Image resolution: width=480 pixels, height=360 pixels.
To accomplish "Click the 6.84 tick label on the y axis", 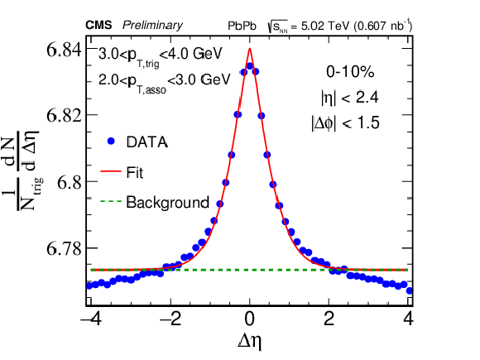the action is pyautogui.click(x=65, y=50).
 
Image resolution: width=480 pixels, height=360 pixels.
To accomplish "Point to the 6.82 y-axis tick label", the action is pyautogui.click(x=65, y=115).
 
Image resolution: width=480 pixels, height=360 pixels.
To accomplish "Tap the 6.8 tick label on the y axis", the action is pyautogui.click(x=70, y=182).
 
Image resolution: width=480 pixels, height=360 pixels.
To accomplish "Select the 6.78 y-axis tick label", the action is pyautogui.click(x=65, y=248).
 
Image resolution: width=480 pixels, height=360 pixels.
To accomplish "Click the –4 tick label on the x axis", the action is pyautogui.click(x=91, y=319).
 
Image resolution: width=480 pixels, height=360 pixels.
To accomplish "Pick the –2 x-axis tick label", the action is pyautogui.click(x=170, y=319).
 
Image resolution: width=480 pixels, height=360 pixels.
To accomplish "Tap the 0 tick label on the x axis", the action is pyautogui.click(x=250, y=319).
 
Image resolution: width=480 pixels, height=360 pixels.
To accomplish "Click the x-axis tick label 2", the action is pyautogui.click(x=329, y=319).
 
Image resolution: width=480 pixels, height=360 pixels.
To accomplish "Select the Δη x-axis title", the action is pyautogui.click(x=249, y=341).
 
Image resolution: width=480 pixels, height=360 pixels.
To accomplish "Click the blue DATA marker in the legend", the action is pyautogui.click(x=111, y=142).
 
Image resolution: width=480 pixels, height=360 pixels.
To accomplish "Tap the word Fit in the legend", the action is pyautogui.click(x=135, y=173).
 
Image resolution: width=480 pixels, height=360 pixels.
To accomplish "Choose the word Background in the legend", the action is pyautogui.click(x=168, y=203).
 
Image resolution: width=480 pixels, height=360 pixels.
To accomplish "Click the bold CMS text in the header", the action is pyautogui.click(x=98, y=25).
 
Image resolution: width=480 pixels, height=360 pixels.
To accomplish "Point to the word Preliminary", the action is pyautogui.click(x=152, y=26).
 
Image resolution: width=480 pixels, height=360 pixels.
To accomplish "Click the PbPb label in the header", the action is pyautogui.click(x=242, y=26).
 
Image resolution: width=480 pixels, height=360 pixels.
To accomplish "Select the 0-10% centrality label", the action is pyautogui.click(x=350, y=72).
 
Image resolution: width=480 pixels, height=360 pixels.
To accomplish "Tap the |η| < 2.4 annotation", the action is pyautogui.click(x=350, y=98).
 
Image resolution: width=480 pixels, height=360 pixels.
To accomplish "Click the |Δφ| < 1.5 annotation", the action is pyautogui.click(x=345, y=123).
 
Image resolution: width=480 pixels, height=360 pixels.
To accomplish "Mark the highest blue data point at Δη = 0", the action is pyautogui.click(x=250, y=66).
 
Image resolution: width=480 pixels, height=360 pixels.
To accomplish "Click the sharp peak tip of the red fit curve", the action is pyautogui.click(x=250, y=49).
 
